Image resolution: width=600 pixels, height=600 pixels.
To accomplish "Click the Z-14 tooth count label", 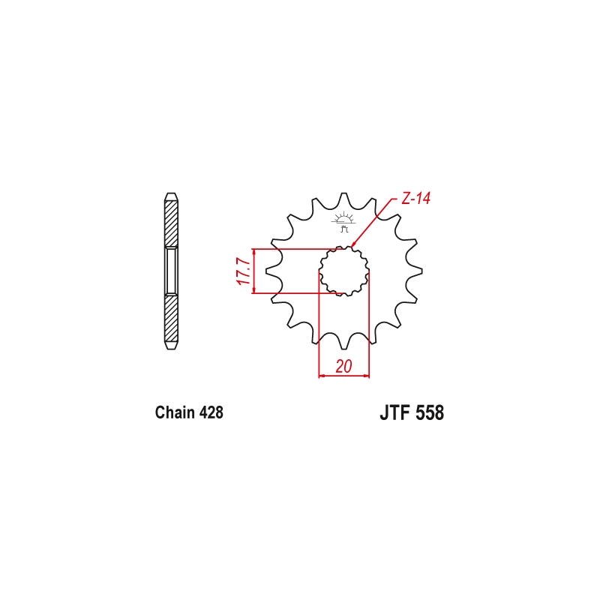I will tap(415, 199).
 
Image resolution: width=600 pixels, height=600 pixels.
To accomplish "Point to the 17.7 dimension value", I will tap(242, 271).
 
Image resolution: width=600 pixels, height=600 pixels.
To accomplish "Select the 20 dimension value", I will tap(344, 366).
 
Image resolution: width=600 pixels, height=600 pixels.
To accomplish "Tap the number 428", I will tap(209, 412).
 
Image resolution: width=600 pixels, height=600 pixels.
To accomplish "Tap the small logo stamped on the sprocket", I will tap(344, 223).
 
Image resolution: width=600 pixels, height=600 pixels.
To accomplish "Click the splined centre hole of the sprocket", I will tap(344, 271).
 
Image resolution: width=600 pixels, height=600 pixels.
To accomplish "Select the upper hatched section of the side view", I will tap(172, 223).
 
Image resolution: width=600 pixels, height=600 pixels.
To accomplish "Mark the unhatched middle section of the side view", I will tap(172, 271).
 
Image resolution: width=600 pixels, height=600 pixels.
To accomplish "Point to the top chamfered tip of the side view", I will tap(172, 196).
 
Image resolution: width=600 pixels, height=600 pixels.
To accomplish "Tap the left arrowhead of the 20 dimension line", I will tap(322, 374).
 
